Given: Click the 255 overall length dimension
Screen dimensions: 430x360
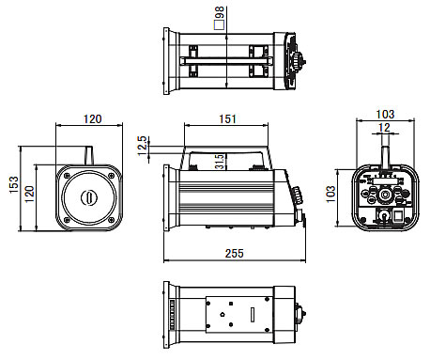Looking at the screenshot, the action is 234,253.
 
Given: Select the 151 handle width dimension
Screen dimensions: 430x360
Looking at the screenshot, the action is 227,119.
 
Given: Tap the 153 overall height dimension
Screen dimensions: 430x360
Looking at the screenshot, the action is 14,185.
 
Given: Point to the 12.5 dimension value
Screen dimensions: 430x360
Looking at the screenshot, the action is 142,146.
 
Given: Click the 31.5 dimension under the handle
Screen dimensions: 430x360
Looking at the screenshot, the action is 220,162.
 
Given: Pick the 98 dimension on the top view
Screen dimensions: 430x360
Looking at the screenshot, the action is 220,13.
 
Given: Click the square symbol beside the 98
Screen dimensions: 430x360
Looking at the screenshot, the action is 220,25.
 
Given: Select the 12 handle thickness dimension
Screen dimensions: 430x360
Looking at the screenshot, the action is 384,128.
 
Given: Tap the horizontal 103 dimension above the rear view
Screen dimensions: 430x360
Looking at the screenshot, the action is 385,114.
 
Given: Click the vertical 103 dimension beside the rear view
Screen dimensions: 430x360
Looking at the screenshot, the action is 330,195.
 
